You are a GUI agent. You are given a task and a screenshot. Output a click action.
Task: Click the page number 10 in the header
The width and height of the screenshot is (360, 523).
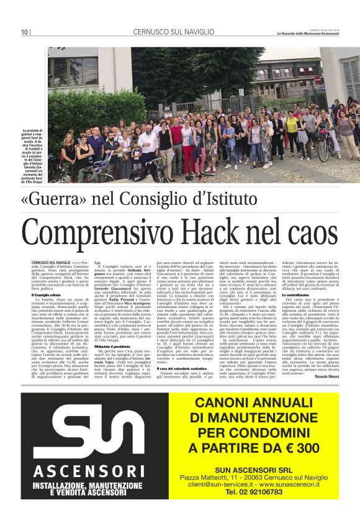click(24, 32)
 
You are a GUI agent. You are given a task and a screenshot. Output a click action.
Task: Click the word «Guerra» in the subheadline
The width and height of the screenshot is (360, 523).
click(69, 199)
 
